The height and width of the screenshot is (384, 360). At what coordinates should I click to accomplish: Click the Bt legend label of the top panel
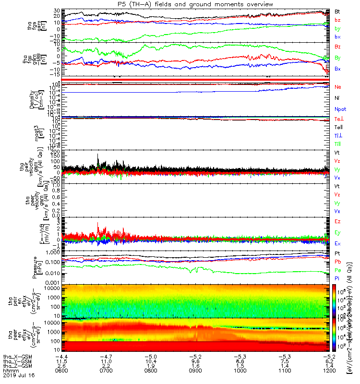pyautogui.click(x=338, y=11)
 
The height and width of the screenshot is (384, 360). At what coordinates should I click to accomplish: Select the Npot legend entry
pyautogui.click(x=340, y=109)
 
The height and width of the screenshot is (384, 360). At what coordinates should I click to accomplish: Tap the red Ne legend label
pyautogui.click(x=338, y=87)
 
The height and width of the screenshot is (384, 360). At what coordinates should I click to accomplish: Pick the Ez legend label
pyautogui.click(x=338, y=221)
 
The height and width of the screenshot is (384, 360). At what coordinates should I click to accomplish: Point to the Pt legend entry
pyautogui.click(x=337, y=252)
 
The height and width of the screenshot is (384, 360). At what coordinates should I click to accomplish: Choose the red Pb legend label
pyautogui.click(x=338, y=263)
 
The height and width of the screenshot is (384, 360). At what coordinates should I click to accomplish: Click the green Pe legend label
pyautogui.click(x=338, y=273)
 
